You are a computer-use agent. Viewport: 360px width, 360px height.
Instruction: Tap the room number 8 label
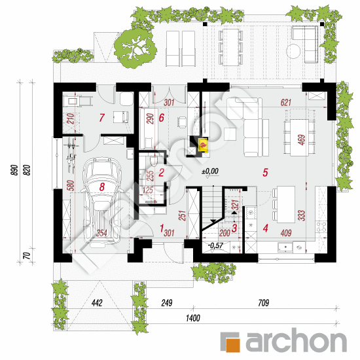point(101,187)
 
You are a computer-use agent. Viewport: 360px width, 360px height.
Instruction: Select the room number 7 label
point(101,118)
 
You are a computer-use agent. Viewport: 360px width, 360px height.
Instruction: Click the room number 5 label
point(265,173)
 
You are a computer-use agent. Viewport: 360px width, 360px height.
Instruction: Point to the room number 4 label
point(265,228)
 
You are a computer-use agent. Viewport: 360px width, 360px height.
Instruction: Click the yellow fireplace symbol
point(203,143)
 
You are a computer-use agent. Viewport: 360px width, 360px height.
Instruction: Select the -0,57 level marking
point(215,246)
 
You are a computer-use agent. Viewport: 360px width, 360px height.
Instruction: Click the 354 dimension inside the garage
point(103,232)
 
